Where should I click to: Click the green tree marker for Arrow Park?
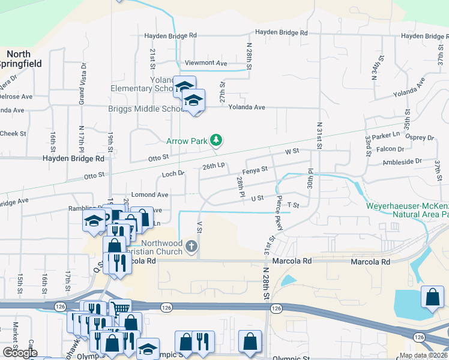click(216, 141)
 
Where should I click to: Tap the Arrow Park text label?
click(187, 142)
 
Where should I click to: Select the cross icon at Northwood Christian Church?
click(191, 246)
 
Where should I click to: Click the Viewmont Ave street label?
click(206, 63)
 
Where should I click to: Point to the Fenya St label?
click(255, 170)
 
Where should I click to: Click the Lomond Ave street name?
click(150, 195)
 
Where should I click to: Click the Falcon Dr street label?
click(390, 149)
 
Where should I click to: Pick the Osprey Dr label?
click(420, 137)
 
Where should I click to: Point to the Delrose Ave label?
click(15, 97)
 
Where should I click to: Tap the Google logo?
click(20, 353)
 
